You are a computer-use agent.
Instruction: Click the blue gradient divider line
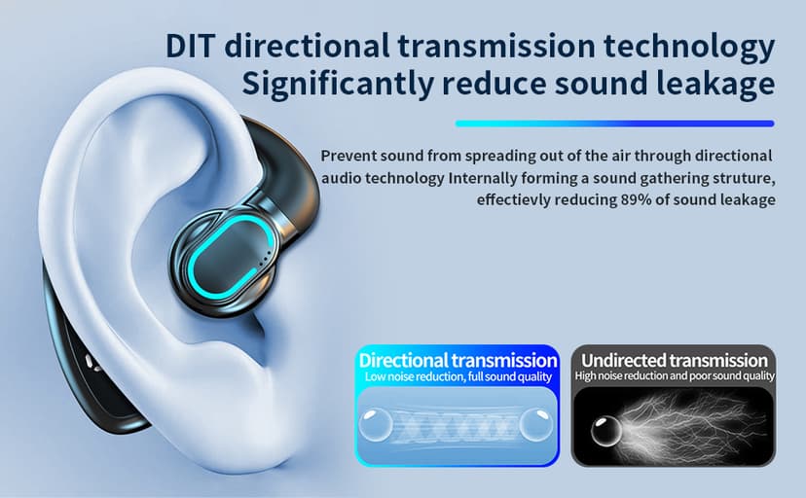pyautogui.click(x=614, y=124)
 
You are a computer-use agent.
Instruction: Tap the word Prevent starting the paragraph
pyautogui.click(x=348, y=157)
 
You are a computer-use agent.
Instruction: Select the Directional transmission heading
pyautogui.click(x=458, y=360)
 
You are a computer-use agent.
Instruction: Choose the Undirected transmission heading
pyautogui.click(x=675, y=360)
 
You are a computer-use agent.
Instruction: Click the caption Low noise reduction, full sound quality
pyautogui.click(x=458, y=376)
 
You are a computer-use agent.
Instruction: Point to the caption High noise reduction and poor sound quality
pyautogui.click(x=675, y=376)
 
